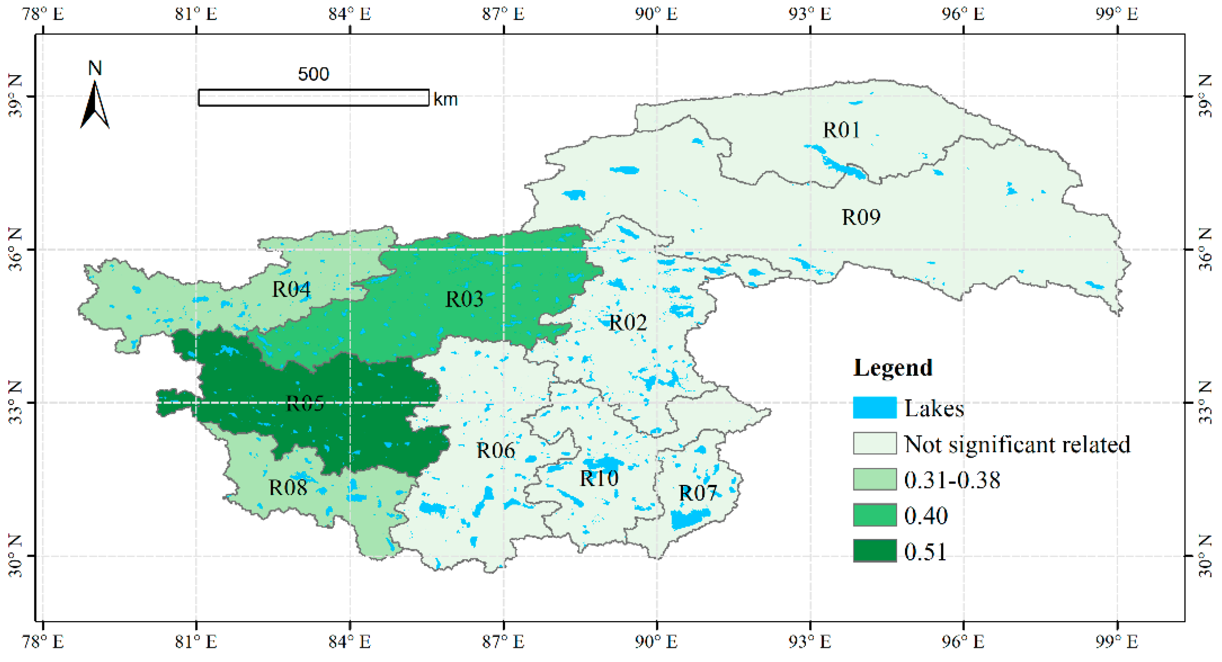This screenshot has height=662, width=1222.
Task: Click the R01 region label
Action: pos(841,130)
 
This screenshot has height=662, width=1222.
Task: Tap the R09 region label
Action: pos(860,217)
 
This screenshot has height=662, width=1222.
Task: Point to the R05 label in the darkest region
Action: pos(305,403)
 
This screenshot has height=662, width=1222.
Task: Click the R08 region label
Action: pos(288,487)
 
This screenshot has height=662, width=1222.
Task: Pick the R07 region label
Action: pos(697,493)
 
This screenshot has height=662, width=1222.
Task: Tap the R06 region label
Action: pos(495,451)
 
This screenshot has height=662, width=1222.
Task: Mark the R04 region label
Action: pos(291,289)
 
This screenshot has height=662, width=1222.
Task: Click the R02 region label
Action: pos(627,323)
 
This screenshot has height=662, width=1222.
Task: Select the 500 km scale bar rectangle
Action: pos(314,98)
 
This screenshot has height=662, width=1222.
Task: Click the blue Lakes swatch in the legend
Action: pos(874,408)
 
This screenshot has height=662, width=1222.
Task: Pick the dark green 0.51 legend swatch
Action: pos(874,550)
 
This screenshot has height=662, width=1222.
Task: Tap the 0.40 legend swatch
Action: pos(874,515)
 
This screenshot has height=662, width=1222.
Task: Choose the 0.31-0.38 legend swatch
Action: pos(874,479)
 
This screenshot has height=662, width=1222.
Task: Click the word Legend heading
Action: pos(892,368)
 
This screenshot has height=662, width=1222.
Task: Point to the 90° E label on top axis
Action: pos(656,14)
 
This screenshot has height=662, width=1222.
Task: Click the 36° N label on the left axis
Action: pos(15,249)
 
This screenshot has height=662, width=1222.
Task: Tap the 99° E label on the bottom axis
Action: pos(1116,642)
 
